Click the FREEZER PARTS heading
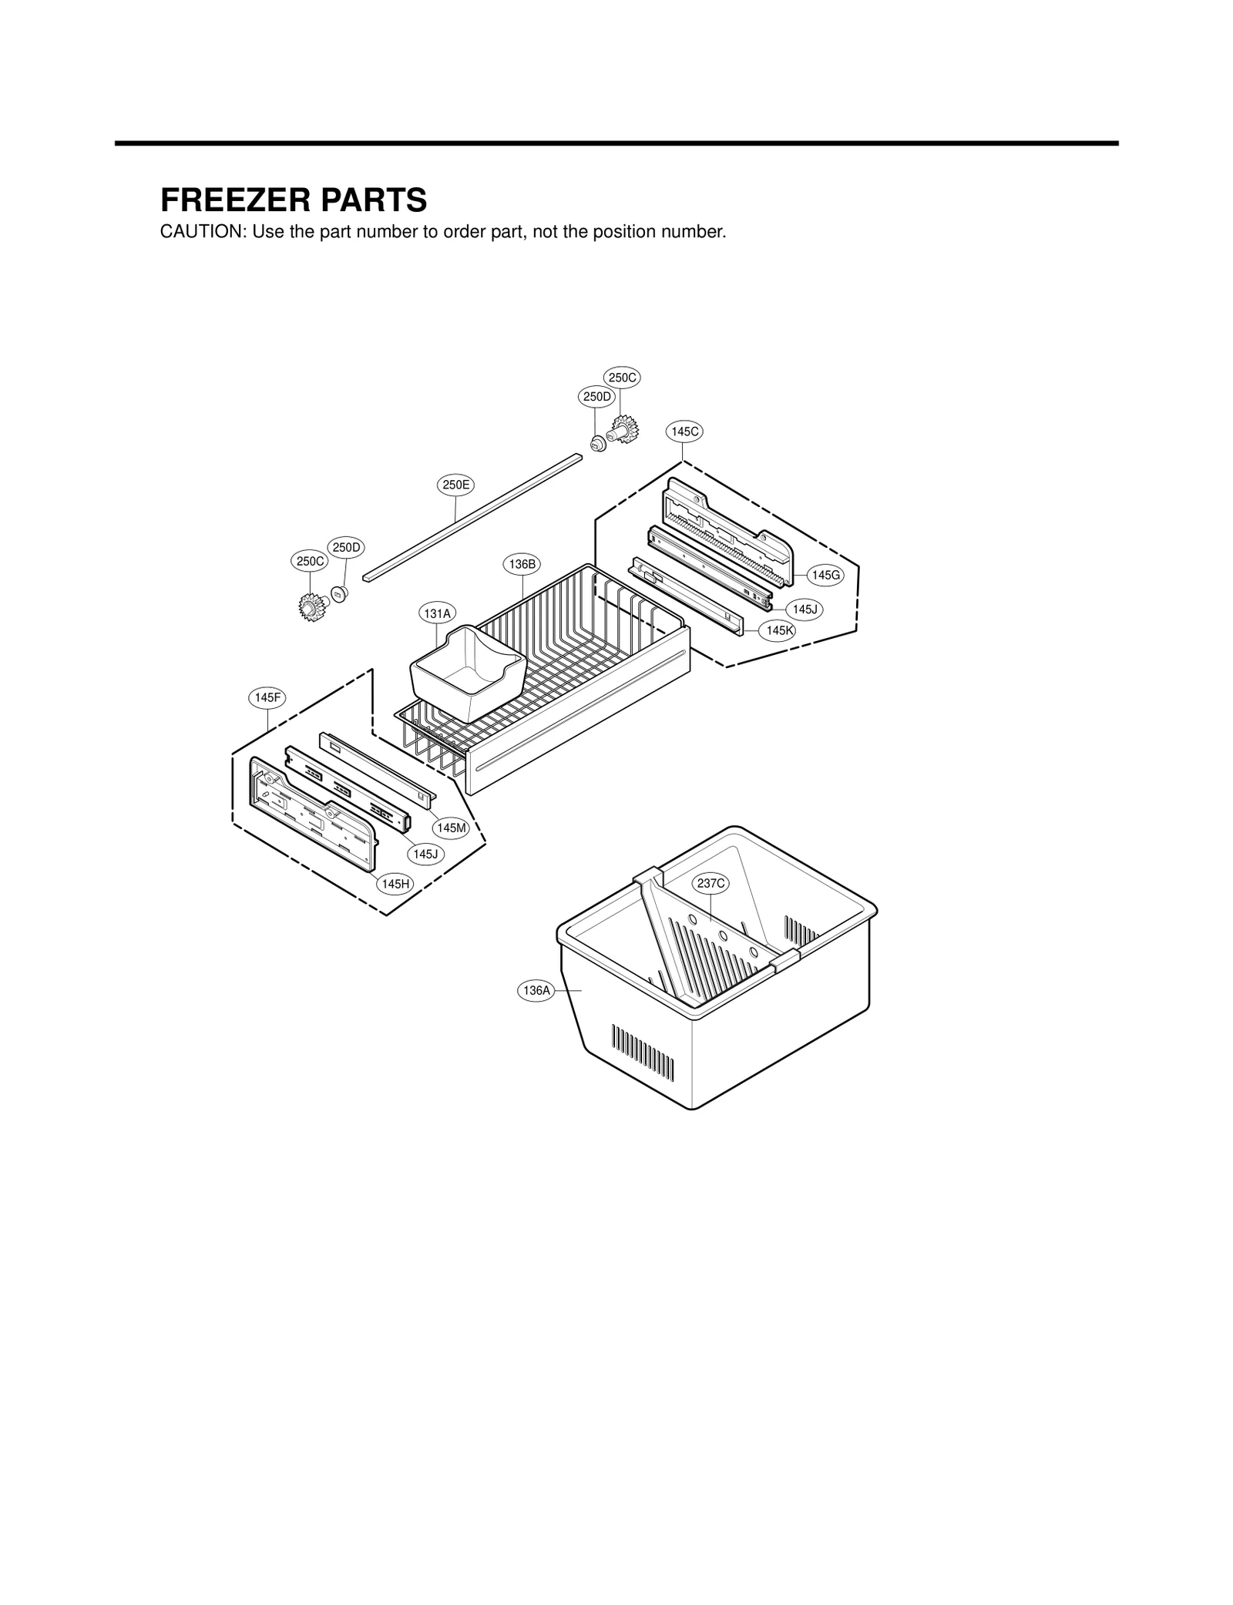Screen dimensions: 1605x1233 293,200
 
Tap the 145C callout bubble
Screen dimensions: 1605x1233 684,431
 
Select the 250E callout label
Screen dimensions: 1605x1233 455,485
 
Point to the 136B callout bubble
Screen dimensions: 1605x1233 522,564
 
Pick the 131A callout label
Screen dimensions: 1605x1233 437,613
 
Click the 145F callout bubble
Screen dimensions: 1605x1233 267,697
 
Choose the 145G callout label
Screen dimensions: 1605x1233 827,575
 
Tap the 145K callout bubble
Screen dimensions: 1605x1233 780,630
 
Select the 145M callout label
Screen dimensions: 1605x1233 451,828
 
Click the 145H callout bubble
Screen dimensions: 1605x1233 395,884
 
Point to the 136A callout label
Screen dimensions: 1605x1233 536,990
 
